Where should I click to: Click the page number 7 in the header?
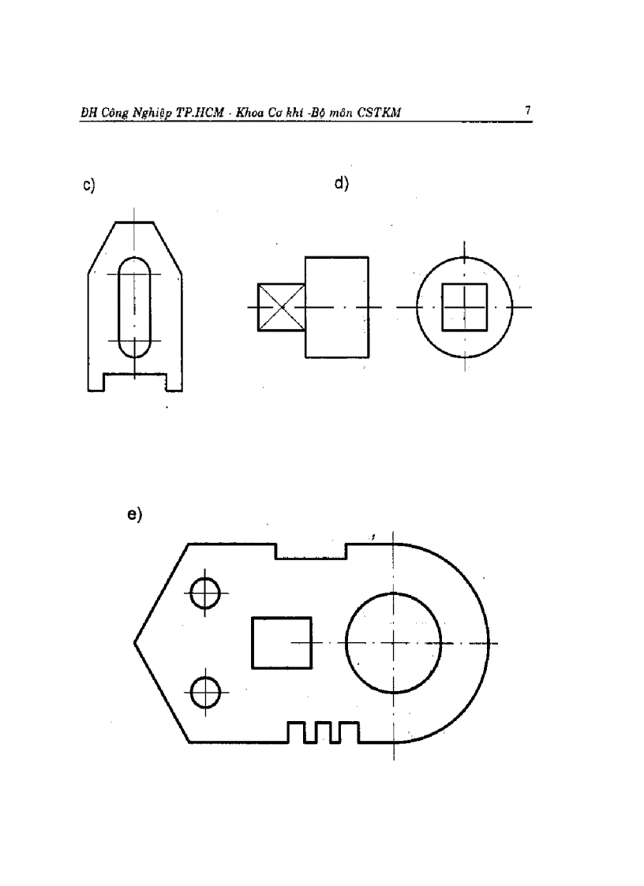pos(526,111)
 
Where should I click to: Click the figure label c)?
pos(88,186)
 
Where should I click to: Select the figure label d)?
pos(341,185)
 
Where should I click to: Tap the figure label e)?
pos(133,514)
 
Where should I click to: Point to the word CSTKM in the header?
pos(379,114)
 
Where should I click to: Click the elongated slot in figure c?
pos(134,307)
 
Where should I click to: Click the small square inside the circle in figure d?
pos(464,307)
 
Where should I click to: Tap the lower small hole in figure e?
pos(205,692)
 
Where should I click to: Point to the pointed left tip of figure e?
pos(136,642)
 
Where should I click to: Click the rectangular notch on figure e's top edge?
pos(310,551)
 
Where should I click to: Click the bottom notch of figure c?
pos(135,382)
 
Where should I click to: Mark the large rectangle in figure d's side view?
pos(337,307)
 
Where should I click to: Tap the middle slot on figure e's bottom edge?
pos(323,733)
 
